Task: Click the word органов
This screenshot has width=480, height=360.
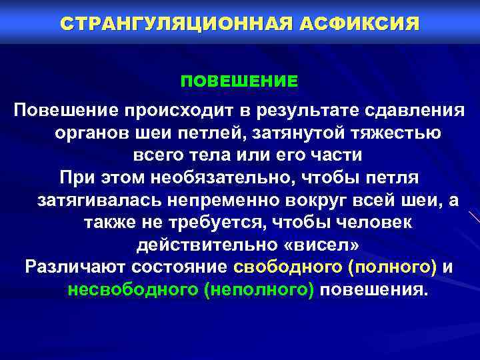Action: [91, 133]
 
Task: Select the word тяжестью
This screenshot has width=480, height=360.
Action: [396, 133]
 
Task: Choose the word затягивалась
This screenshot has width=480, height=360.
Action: [97, 201]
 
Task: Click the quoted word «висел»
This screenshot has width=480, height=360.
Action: [326, 245]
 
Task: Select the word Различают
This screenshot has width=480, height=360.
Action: [72, 268]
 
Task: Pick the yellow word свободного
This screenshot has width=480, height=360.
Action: [287, 268]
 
